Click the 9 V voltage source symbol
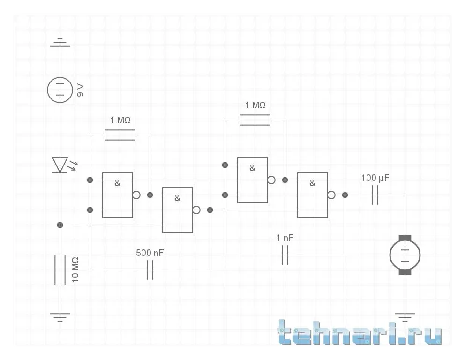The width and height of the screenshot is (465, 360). (x=60, y=89)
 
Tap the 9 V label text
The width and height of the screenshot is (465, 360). (x=81, y=89)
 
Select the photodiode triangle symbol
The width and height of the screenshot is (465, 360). (x=60, y=165)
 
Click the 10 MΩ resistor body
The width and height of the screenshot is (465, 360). (x=60, y=270)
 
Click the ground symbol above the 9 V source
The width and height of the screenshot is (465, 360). (x=60, y=43)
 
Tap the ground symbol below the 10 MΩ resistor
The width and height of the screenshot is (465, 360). (x=60, y=316)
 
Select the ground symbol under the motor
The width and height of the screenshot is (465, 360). (x=405, y=316)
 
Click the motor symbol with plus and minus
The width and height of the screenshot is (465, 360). (x=405, y=255)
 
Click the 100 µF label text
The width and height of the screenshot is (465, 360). (x=375, y=179)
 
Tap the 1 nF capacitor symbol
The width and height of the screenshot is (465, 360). (x=285, y=255)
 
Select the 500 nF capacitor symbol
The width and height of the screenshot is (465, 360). (x=150, y=270)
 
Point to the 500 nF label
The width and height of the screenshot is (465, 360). (x=150, y=253)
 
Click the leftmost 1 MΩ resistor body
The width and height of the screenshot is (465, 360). (x=120, y=135)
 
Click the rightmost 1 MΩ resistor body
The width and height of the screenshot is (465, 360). (x=255, y=120)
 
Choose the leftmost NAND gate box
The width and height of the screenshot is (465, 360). (x=118, y=195)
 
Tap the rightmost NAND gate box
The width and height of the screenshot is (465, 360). (x=313, y=195)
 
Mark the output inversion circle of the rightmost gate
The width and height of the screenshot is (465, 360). (x=331, y=195)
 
